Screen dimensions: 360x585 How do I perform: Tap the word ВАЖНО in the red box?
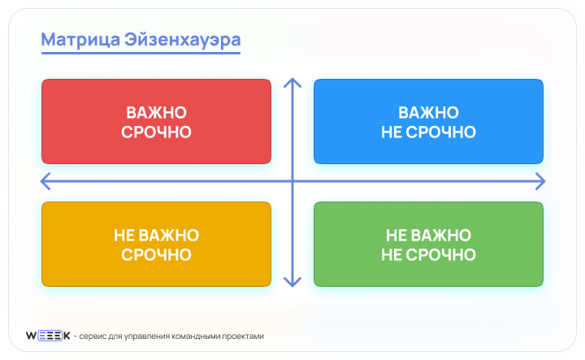pos(156,112)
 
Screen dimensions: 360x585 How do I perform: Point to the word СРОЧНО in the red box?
pos(156,132)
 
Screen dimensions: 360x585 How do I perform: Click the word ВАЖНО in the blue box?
pos(428,112)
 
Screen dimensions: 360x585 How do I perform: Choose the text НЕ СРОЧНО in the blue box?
pos(428,132)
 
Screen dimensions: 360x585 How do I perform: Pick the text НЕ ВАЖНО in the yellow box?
pos(156,235)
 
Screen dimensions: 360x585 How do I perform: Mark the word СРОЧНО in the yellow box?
pos(156,254)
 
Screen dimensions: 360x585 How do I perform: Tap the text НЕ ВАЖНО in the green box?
pos(428,235)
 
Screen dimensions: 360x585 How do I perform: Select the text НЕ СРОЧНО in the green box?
pos(428,254)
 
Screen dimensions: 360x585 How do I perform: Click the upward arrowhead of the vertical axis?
pos(292,82)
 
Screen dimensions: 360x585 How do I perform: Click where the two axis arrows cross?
pos(292,180)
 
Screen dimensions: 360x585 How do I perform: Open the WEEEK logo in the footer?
pos(48,336)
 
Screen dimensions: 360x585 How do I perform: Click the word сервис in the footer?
pos(94,336)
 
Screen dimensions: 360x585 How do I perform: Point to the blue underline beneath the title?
pos(141,54)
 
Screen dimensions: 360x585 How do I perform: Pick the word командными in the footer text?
pos(190,336)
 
